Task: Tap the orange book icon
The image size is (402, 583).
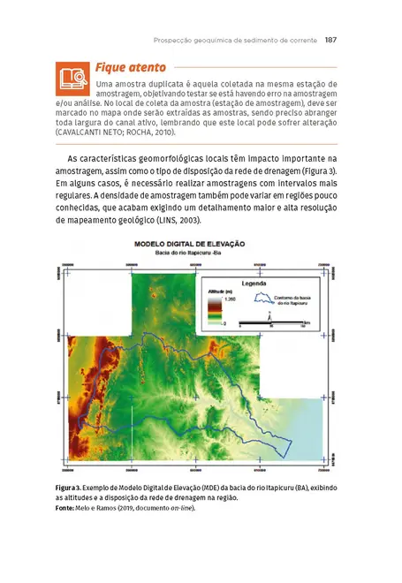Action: (70, 79)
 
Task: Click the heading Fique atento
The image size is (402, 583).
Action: (125, 67)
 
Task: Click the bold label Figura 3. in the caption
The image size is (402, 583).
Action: (69, 488)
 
